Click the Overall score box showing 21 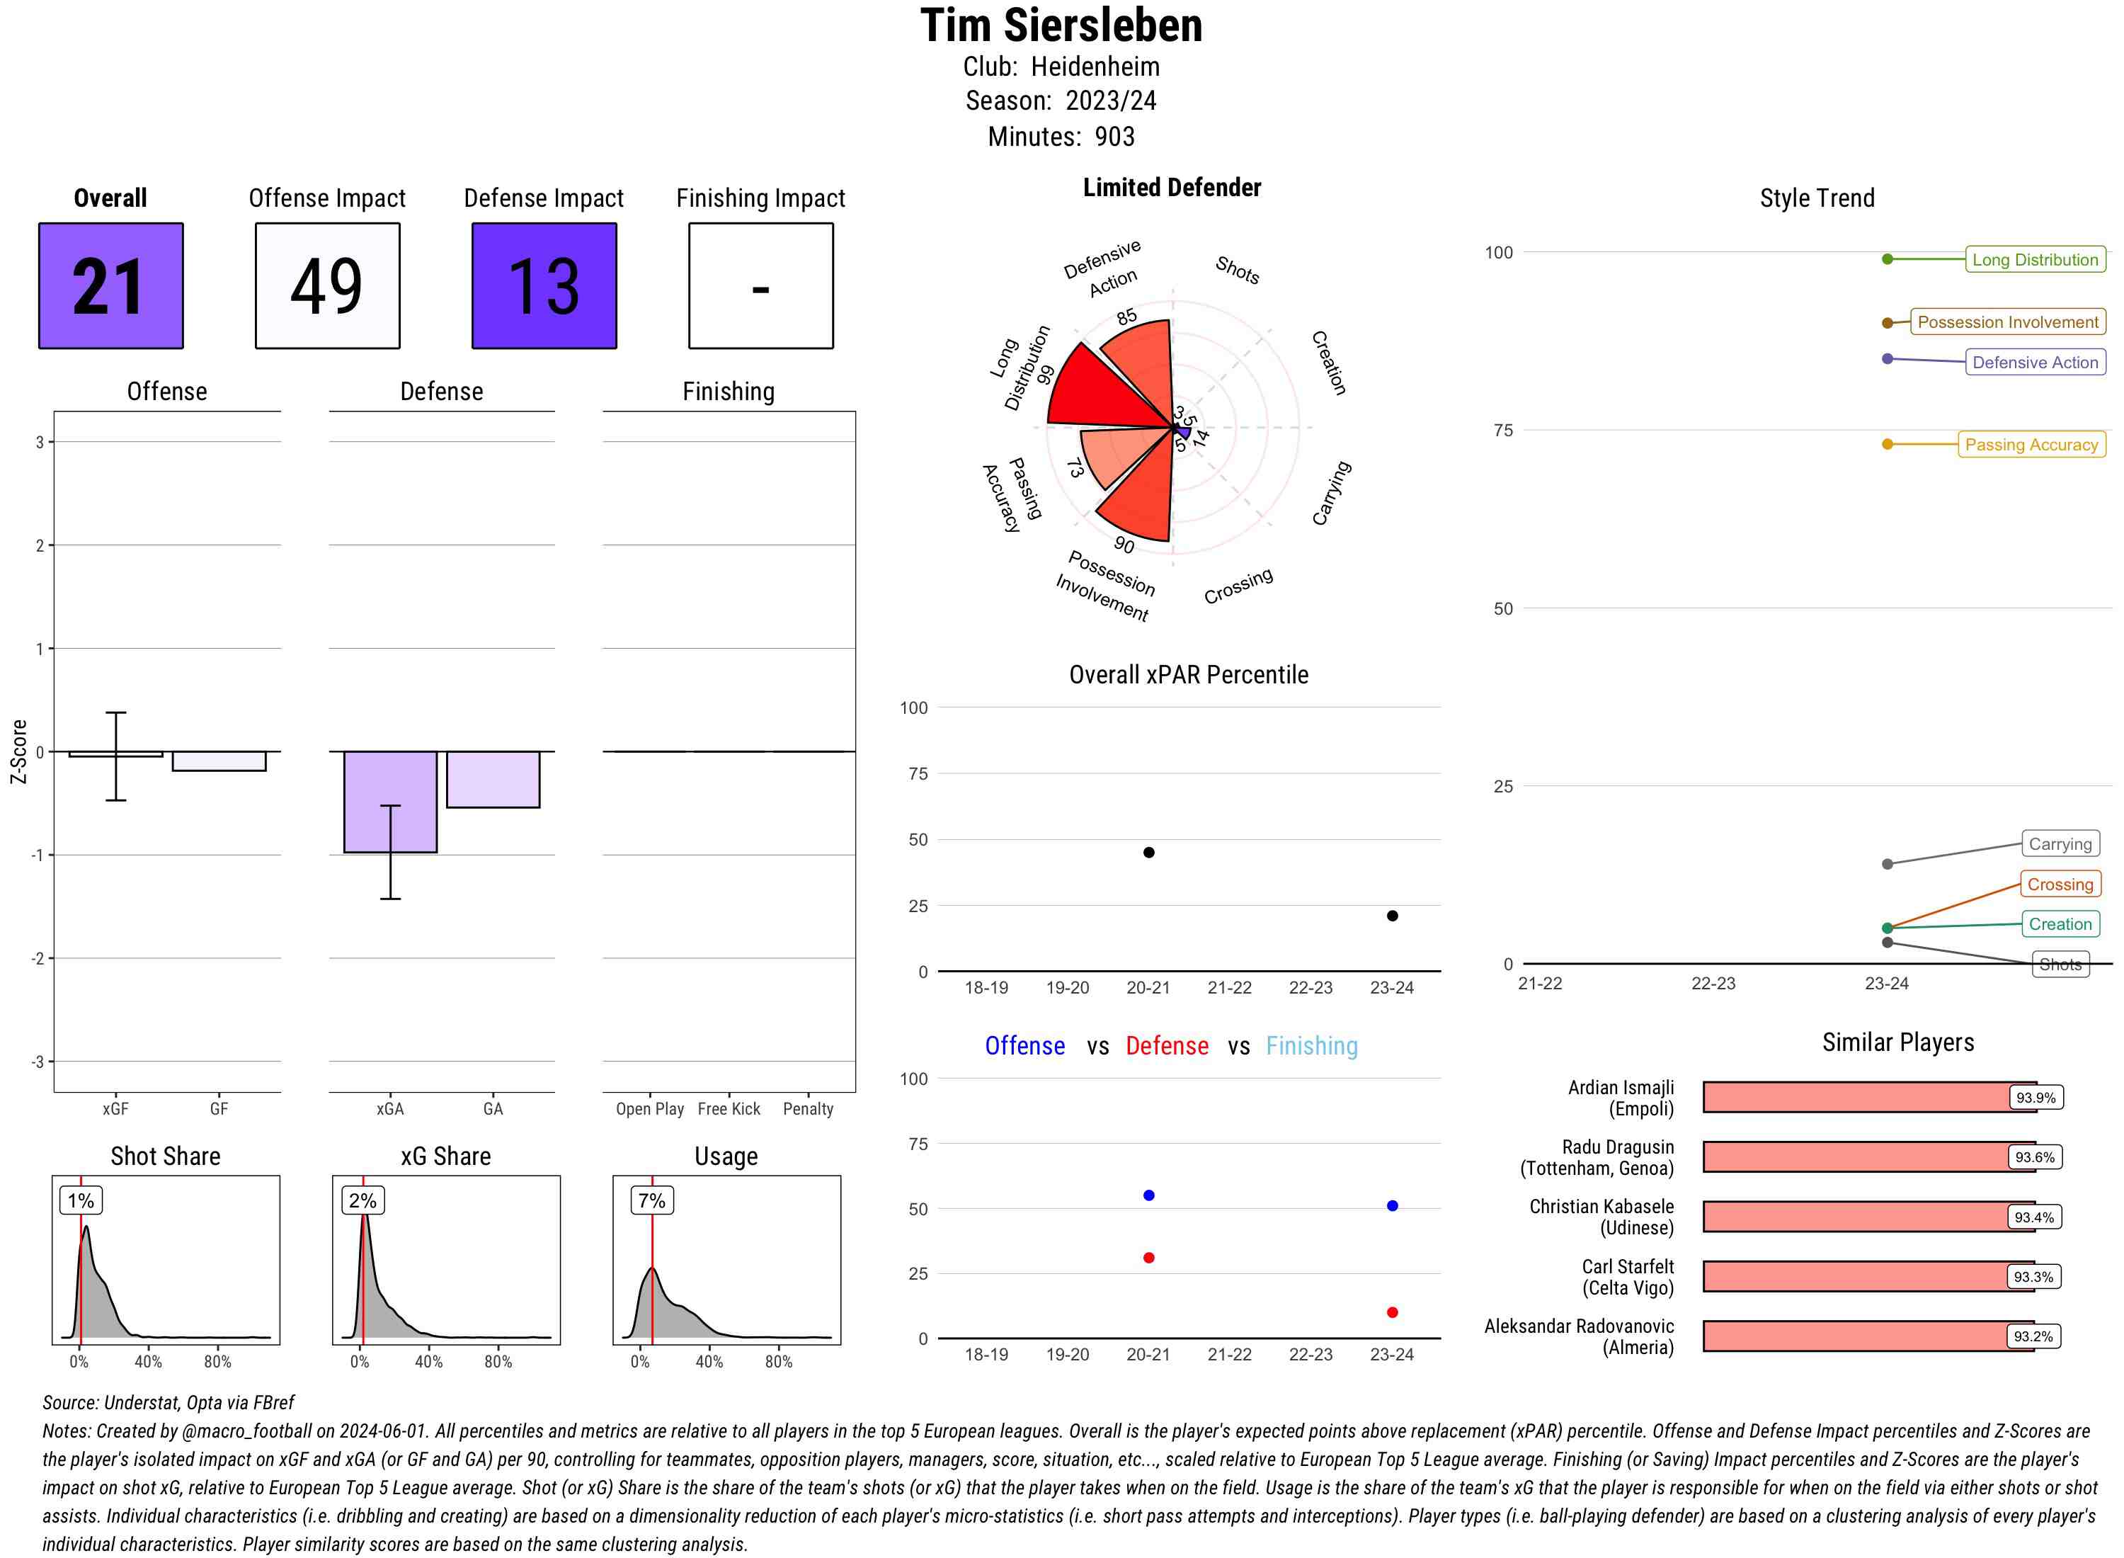(110, 286)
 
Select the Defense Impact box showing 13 (544, 286)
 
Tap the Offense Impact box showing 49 (327, 286)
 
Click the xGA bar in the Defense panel (389, 802)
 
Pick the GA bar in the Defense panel (493, 779)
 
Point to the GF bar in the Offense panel (219, 761)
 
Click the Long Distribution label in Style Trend (2035, 259)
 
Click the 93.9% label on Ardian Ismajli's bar (2035, 1098)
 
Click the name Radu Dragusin (1618, 1147)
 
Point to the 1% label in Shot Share (81, 1200)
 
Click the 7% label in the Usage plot (651, 1200)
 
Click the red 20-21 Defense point (1148, 1258)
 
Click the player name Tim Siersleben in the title (1061, 26)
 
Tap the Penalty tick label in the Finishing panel (808, 1109)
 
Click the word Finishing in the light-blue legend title (1311, 1046)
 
